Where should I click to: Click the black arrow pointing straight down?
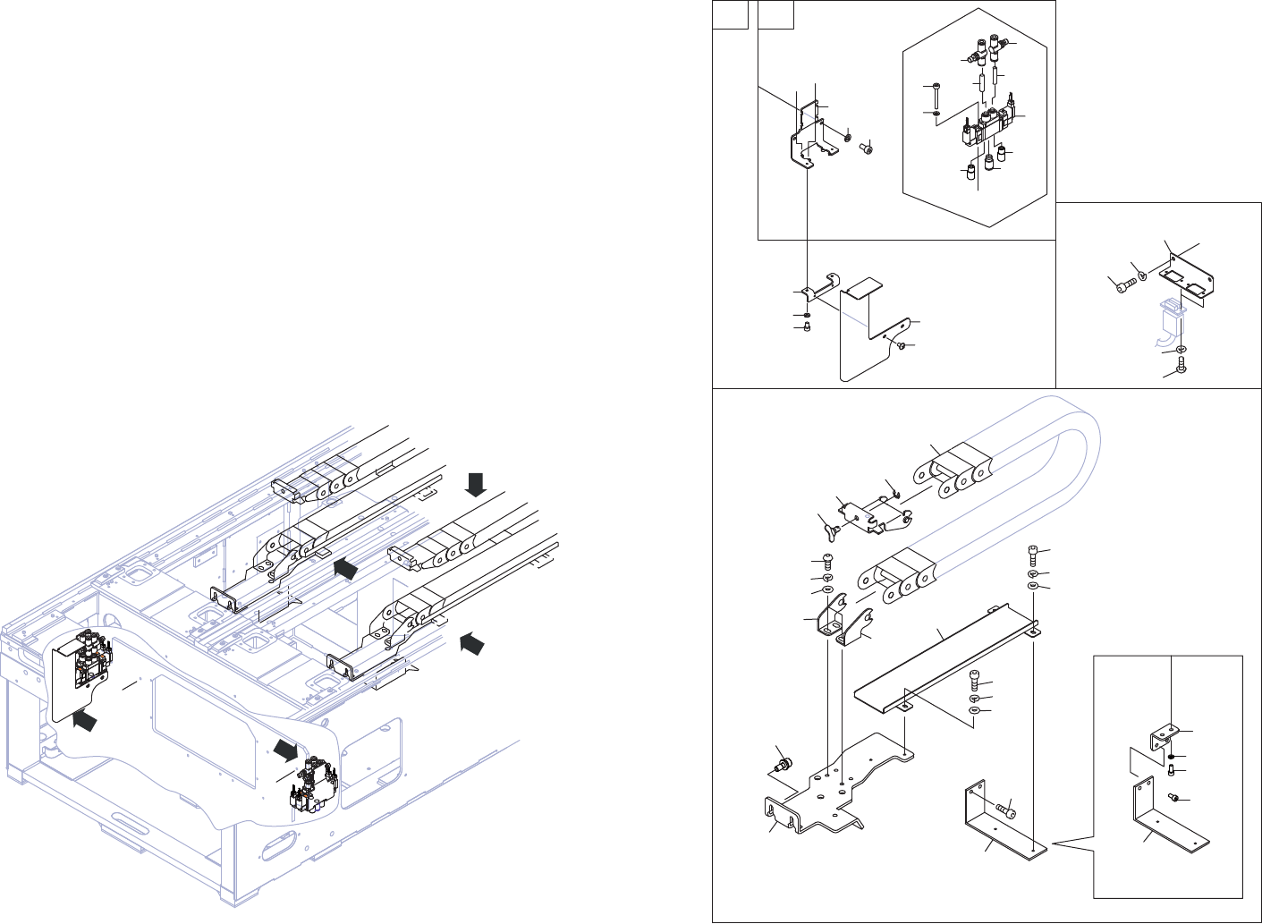click(x=476, y=484)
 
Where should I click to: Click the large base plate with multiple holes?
click(x=841, y=787)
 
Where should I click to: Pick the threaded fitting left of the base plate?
click(x=783, y=766)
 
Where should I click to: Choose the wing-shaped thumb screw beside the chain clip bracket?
click(x=827, y=531)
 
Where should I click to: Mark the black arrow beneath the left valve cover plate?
click(x=84, y=720)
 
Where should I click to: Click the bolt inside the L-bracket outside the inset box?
click(x=1005, y=811)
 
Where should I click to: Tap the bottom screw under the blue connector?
click(x=1182, y=365)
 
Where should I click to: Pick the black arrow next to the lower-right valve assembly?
click(x=285, y=748)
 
